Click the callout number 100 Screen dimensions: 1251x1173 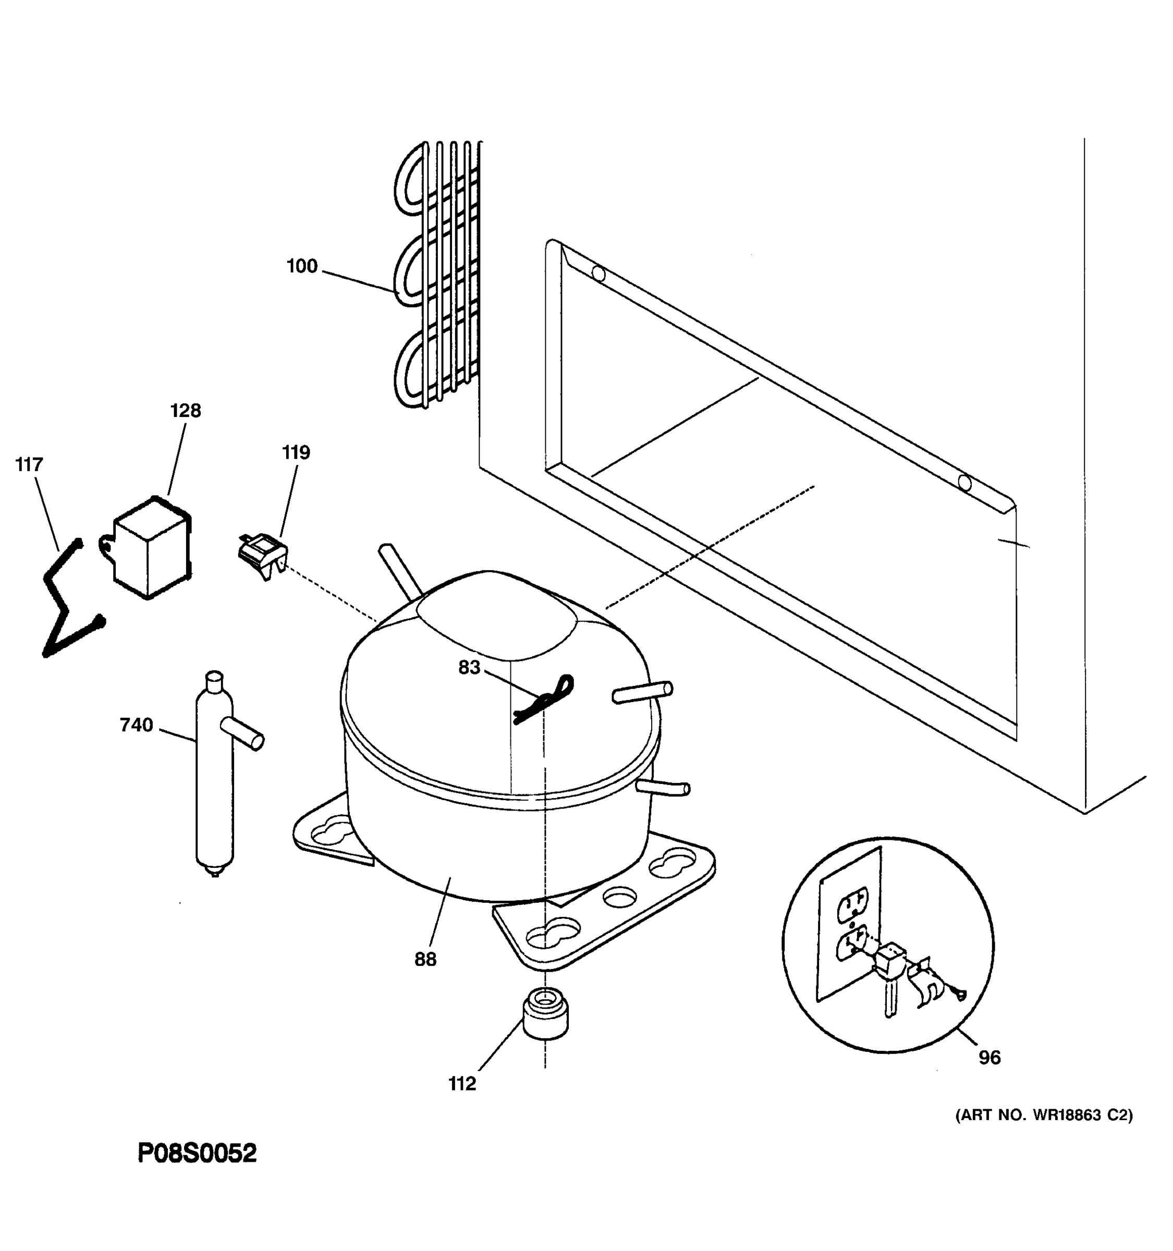tap(302, 266)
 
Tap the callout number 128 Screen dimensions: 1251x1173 tap(186, 411)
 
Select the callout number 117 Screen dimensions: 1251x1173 tap(29, 465)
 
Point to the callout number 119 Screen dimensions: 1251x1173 tap(296, 452)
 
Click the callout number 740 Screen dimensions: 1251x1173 tap(137, 725)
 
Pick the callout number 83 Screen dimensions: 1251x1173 tap(469, 667)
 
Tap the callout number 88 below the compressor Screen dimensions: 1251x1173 tap(425, 959)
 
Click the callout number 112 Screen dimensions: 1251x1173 tap(462, 1084)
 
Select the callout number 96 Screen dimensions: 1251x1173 tap(989, 1058)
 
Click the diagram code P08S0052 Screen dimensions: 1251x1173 tap(197, 1154)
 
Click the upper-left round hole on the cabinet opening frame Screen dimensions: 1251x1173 tap(599, 274)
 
